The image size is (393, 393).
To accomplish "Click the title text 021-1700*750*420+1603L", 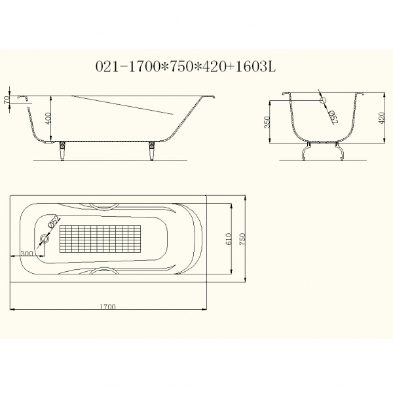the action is pos(186,67).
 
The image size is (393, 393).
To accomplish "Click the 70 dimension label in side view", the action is pos(7,100).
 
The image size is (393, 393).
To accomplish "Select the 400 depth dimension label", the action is pos(48,118).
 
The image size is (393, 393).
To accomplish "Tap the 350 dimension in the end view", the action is pos(267,122).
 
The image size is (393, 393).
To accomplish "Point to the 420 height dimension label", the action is pos(381,118).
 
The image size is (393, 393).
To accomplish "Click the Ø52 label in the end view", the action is pos(333,117).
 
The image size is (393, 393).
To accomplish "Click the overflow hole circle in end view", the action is pos(323,100).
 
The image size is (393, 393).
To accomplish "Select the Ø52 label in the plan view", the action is pos(54,221).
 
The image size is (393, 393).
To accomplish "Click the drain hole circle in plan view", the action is pos(45,238).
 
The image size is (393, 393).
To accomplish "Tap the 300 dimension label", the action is pos(27,253).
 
